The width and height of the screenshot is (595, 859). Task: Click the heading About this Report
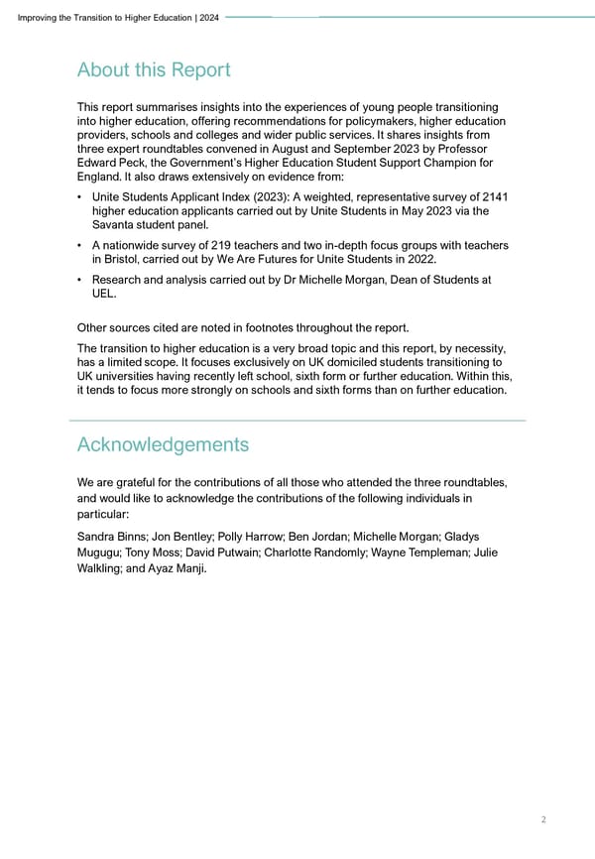(154, 70)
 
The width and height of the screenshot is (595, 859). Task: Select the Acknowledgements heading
(163, 443)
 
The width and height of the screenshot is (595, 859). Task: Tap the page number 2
(544, 819)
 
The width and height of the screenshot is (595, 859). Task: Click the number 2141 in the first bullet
(493, 196)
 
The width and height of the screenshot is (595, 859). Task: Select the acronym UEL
(102, 295)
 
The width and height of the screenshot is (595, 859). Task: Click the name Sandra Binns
(110, 537)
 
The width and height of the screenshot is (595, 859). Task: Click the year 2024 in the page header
(209, 17)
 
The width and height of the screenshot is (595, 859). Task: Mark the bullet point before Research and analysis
(79, 281)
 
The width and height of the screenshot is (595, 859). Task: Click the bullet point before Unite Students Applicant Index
(79, 196)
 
